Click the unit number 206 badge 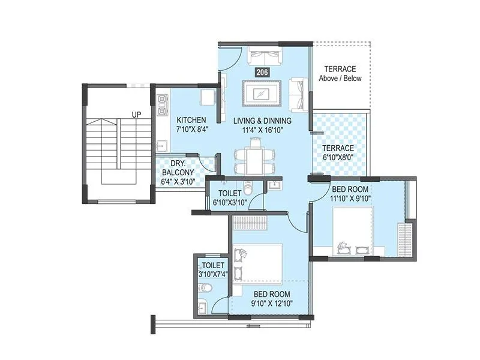click(262, 73)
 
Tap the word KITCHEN click(191, 120)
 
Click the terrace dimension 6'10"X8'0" click(338, 157)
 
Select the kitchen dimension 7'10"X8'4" click(191, 129)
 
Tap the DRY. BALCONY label click(178, 172)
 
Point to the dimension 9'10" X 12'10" click(271, 304)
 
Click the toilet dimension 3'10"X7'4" click(213, 274)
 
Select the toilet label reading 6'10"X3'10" click(229, 203)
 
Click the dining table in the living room click(256, 158)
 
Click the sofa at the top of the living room click(265, 57)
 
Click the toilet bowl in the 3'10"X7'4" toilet click(205, 289)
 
